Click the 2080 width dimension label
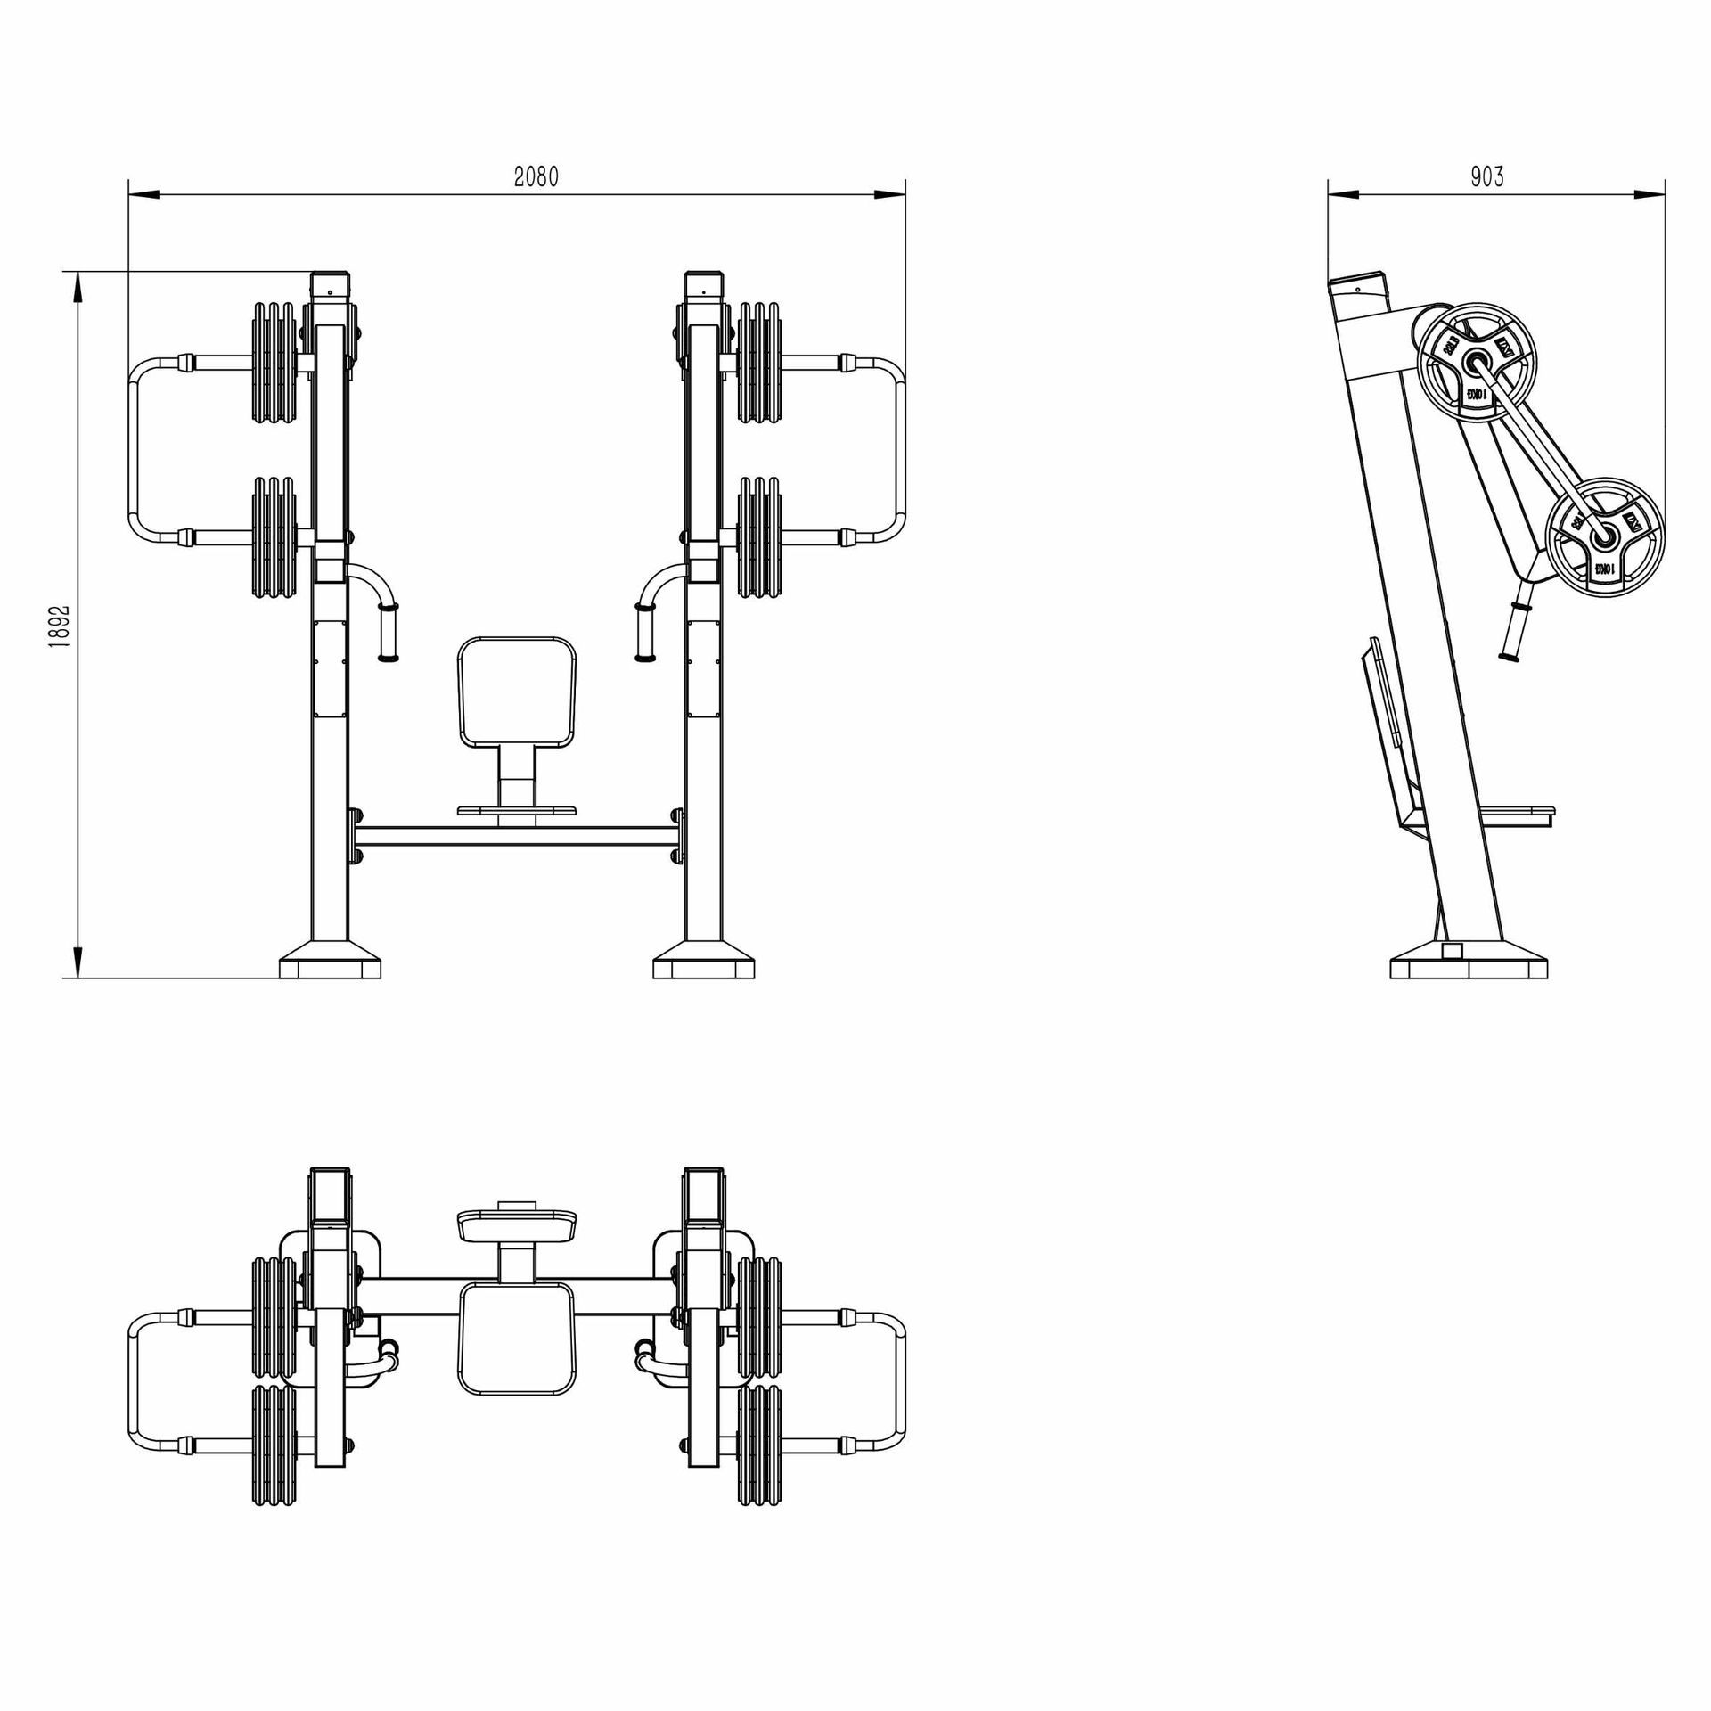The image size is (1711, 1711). click(536, 177)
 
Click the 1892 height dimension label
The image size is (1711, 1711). click(60, 626)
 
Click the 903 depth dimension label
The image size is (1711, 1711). click(1487, 177)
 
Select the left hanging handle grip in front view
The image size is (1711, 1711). click(389, 632)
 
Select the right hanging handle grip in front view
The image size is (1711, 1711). click(644, 632)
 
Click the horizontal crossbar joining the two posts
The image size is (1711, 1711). click(517, 836)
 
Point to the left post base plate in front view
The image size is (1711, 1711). click(330, 967)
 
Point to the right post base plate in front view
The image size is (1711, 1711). click(704, 967)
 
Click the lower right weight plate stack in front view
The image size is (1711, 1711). click(759, 536)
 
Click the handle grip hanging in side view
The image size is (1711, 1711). click(1514, 631)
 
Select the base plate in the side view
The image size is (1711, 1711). click(1469, 968)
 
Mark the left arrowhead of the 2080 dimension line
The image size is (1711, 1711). click(143, 194)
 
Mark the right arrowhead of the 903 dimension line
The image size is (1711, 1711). click(1650, 194)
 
